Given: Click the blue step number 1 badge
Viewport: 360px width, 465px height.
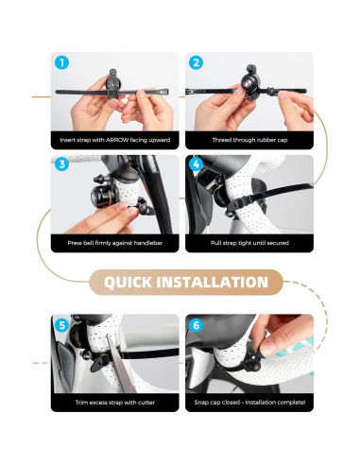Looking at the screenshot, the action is tap(61, 62).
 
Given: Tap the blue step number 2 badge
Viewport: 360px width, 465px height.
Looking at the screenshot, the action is tap(196, 62).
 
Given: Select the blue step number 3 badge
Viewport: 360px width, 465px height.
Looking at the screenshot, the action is tap(61, 164).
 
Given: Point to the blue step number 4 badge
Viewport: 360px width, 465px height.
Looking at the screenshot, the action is tap(197, 164).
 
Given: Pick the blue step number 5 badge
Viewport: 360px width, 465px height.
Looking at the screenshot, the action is tap(61, 325).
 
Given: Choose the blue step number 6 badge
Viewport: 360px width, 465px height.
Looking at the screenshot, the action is tap(196, 325).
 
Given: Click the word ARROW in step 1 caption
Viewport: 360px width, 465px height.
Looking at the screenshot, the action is tap(117, 140).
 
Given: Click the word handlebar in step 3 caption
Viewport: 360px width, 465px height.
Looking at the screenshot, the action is tap(148, 243).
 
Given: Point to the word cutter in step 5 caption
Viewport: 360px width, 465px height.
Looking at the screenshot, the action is tap(146, 403).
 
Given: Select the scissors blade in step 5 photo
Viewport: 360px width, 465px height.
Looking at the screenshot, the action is tap(120, 364).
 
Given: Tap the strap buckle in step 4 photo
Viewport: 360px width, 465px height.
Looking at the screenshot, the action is tap(233, 206).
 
